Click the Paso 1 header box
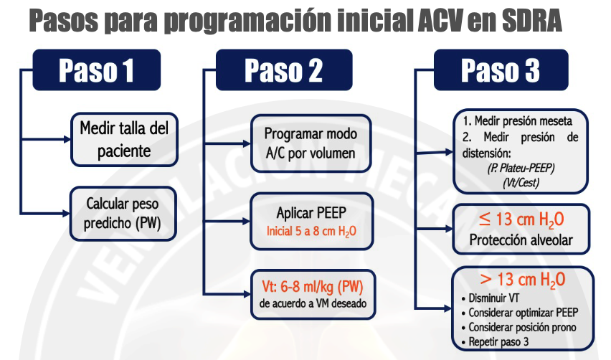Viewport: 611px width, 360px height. pyautogui.click(x=97, y=70)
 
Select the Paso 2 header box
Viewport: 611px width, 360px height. pyautogui.click(x=284, y=70)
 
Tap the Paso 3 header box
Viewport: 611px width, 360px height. pyautogui.click(x=501, y=70)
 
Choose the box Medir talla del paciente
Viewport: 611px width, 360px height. pyautogui.click(x=124, y=139)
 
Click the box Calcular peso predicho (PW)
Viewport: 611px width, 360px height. pyautogui.click(x=123, y=214)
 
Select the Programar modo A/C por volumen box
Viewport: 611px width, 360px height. pyautogui.click(x=311, y=143)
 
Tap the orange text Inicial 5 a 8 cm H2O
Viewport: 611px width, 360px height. pyautogui.click(x=311, y=232)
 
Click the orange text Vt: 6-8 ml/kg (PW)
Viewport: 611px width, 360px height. pyautogui.click(x=313, y=287)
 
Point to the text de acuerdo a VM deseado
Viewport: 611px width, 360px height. pyautogui.click(x=313, y=303)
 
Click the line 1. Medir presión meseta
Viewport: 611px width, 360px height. pyautogui.click(x=518, y=121)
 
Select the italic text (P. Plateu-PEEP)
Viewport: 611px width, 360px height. pyautogui.click(x=521, y=168)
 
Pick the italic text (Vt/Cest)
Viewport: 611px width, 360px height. pyautogui.click(x=521, y=182)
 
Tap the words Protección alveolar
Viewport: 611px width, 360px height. pyautogui.click(x=521, y=240)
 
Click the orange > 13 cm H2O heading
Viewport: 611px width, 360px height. pyautogui.click(x=523, y=280)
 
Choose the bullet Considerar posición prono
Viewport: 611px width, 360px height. pyautogui.click(x=518, y=327)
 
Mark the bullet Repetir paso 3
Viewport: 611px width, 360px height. pyautogui.click(x=495, y=341)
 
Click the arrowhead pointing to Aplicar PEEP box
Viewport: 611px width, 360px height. pyautogui.click(x=246, y=222)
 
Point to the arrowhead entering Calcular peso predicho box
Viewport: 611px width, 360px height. pyautogui.click(x=66, y=214)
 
